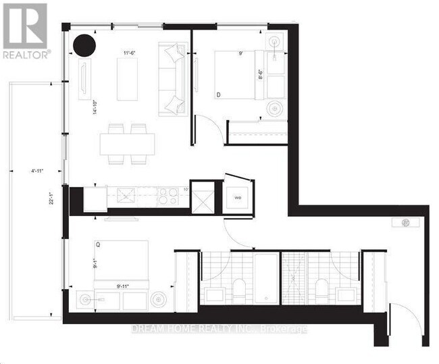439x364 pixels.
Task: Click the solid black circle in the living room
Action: pos(85,46)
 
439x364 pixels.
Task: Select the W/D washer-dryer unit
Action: pos(238,198)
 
